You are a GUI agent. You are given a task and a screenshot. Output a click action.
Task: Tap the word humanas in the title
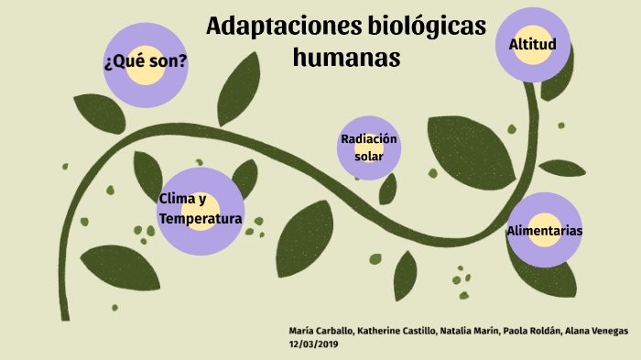347,58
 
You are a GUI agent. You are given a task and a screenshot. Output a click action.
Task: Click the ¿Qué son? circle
147,63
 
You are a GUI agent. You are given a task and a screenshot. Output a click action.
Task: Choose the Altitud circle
533,44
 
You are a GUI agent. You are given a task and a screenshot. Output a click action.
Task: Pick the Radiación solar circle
369,147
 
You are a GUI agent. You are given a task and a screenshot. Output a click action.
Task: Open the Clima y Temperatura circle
201,209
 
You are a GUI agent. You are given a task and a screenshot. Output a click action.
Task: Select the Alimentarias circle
545,231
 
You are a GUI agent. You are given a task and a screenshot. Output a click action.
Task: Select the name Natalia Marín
467,330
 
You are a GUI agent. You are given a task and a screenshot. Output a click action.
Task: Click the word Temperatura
201,219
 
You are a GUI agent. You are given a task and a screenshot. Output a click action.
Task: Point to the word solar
369,157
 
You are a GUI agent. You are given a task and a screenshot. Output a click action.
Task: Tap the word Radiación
369,138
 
